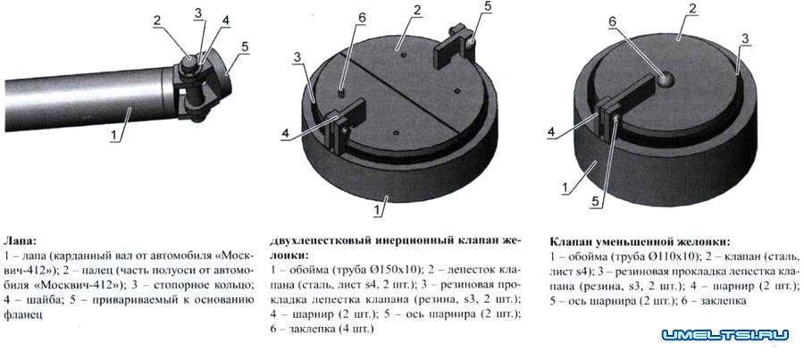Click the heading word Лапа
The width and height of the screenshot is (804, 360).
point(20,240)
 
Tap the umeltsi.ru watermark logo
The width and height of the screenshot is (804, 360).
point(724,335)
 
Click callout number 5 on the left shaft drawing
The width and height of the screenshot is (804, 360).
point(245,46)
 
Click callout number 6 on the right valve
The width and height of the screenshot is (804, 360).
point(612,22)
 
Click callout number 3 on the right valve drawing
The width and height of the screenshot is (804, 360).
point(746,39)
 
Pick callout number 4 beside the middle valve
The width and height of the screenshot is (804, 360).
point(285,134)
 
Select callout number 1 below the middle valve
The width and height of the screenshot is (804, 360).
point(377,210)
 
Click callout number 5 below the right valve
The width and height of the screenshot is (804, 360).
point(595,202)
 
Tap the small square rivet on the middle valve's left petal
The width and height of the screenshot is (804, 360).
point(342,93)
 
